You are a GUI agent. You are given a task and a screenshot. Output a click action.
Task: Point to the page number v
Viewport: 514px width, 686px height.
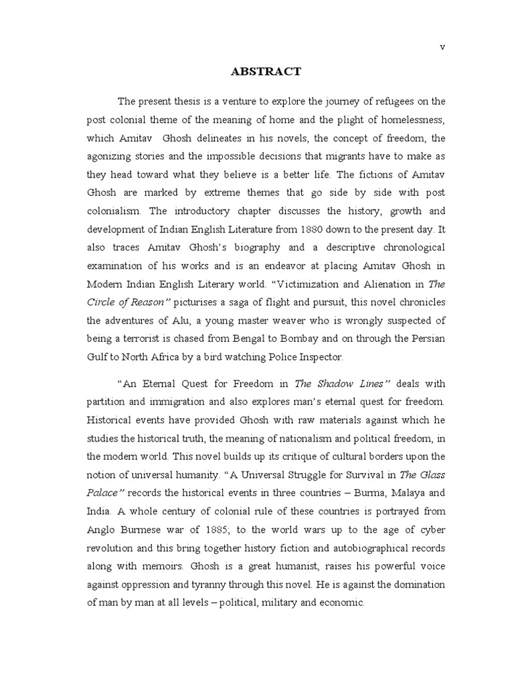pos(442,46)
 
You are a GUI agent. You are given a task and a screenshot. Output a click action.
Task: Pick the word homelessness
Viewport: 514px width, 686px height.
pos(408,120)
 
